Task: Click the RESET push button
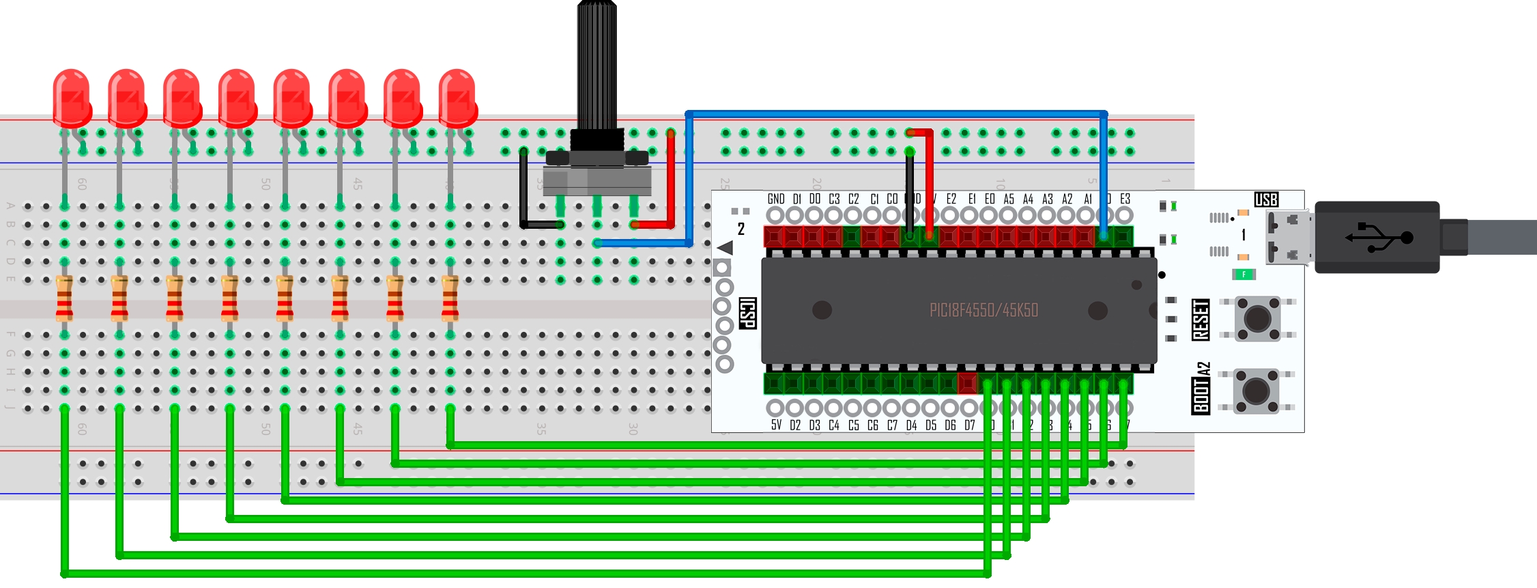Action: click(1258, 318)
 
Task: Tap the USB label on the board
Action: click(1266, 199)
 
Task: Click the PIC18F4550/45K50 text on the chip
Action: click(983, 311)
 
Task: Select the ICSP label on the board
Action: click(748, 313)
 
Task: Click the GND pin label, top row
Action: click(776, 199)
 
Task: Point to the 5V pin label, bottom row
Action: click(776, 425)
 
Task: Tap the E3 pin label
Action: click(1125, 199)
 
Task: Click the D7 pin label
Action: click(970, 425)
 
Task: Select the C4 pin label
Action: click(834, 425)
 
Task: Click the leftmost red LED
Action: click(72, 99)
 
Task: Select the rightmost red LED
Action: click(457, 99)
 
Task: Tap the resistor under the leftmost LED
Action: click(65, 298)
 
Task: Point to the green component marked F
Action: click(1244, 275)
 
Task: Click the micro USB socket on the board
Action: click(1289, 238)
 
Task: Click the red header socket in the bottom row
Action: click(967, 384)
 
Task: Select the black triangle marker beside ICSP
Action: click(726, 247)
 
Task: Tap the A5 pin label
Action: click(1009, 199)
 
